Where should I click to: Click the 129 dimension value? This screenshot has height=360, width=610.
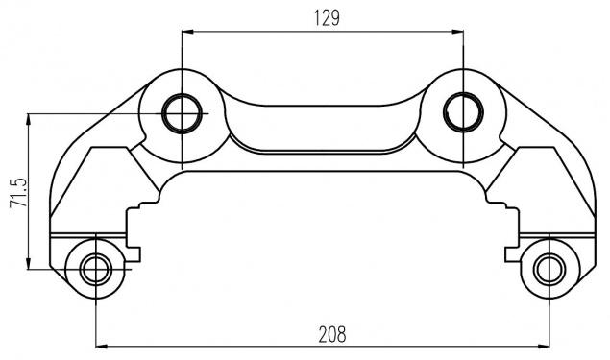(327, 18)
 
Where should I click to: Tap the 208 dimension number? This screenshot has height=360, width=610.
(332, 334)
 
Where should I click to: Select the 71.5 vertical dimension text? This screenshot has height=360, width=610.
(18, 192)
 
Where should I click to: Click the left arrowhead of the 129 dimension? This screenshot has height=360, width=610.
(187, 32)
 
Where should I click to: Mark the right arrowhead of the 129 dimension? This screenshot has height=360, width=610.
(457, 32)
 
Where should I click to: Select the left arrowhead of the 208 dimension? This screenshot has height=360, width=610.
(102, 346)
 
